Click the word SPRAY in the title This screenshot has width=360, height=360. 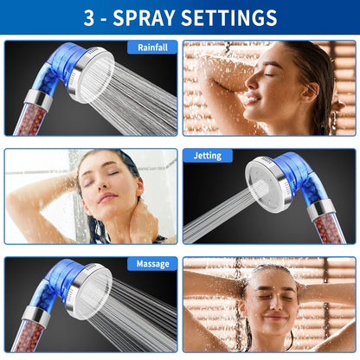[144, 18]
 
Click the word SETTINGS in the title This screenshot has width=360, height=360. [229, 18]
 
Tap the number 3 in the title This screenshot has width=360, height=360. [89, 18]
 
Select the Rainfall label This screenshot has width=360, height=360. [152, 48]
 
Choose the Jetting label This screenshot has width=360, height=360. [208, 156]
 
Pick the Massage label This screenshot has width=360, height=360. [152, 264]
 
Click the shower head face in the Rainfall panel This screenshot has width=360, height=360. [93, 76]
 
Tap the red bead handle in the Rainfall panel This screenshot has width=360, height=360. [29, 119]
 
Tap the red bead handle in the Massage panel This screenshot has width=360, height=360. [28, 336]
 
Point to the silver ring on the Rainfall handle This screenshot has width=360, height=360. [38, 98]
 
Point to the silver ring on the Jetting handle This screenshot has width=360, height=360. [321, 209]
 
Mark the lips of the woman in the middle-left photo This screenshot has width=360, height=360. [106, 198]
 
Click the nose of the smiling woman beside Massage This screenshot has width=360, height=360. [272, 301]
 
